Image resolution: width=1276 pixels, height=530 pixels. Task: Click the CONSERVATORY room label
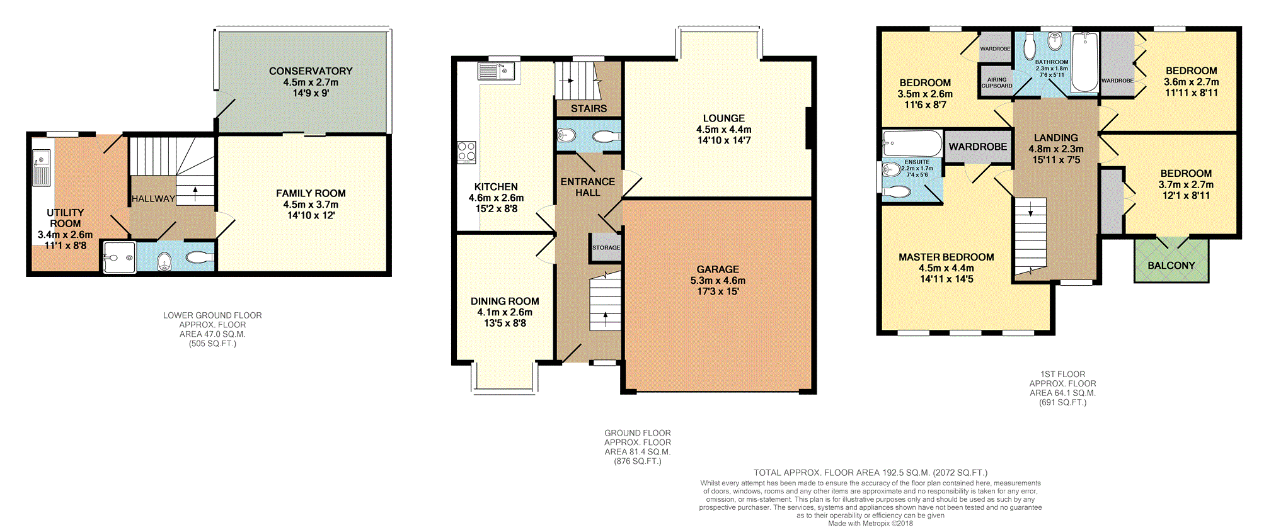pyautogui.click(x=311, y=71)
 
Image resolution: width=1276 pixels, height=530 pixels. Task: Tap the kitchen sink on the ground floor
pyautogui.click(x=497, y=71)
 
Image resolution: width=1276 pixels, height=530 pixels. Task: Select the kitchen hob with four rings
pyautogui.click(x=467, y=152)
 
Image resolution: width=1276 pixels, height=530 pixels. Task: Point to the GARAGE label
pyautogui.click(x=718, y=269)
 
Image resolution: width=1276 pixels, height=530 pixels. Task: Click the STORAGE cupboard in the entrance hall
pyautogui.click(x=606, y=247)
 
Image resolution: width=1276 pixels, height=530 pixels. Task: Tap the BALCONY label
pyautogui.click(x=1171, y=266)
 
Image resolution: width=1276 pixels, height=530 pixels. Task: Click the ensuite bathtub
pyautogui.click(x=912, y=144)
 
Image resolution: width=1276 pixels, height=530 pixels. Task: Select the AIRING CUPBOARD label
pyautogui.click(x=997, y=83)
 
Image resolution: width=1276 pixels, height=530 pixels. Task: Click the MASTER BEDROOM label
pyautogui.click(x=946, y=257)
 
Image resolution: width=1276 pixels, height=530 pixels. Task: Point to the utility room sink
pyautogui.click(x=42, y=167)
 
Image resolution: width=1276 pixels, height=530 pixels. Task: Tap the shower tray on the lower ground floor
pyautogui.click(x=119, y=257)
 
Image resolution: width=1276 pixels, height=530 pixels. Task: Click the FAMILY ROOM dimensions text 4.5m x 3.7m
pyautogui.click(x=311, y=205)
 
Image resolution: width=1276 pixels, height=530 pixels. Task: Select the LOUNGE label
pyautogui.click(x=724, y=118)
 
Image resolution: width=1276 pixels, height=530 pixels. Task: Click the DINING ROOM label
pyautogui.click(x=505, y=302)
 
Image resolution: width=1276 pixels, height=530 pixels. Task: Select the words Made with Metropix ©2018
pyautogui.click(x=870, y=524)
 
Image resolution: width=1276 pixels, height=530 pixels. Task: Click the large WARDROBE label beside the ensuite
pyautogui.click(x=978, y=147)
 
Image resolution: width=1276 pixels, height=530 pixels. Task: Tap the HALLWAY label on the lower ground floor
pyautogui.click(x=153, y=199)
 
